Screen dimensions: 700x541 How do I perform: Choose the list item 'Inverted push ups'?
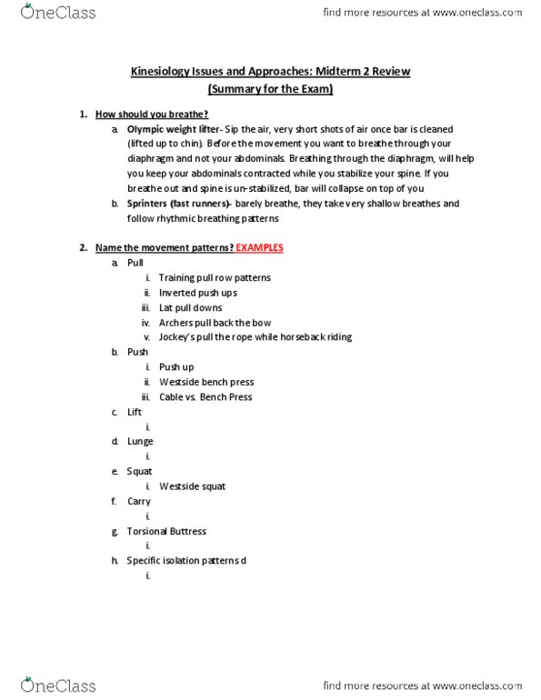pyautogui.click(x=197, y=293)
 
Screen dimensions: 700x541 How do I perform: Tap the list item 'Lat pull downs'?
pyautogui.click(x=190, y=307)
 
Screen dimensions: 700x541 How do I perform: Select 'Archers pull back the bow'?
pyautogui.click(x=215, y=322)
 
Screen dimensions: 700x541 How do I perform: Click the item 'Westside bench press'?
pyautogui.click(x=205, y=382)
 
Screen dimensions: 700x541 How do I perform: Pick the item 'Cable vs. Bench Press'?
pyautogui.click(x=205, y=396)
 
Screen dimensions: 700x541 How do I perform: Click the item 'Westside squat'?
pyautogui.click(x=192, y=486)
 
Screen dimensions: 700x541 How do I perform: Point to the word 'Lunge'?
pyautogui.click(x=140, y=441)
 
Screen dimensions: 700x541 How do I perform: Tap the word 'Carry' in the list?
pyautogui.click(x=139, y=501)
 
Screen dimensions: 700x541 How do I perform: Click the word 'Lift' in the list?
pyautogui.click(x=135, y=412)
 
